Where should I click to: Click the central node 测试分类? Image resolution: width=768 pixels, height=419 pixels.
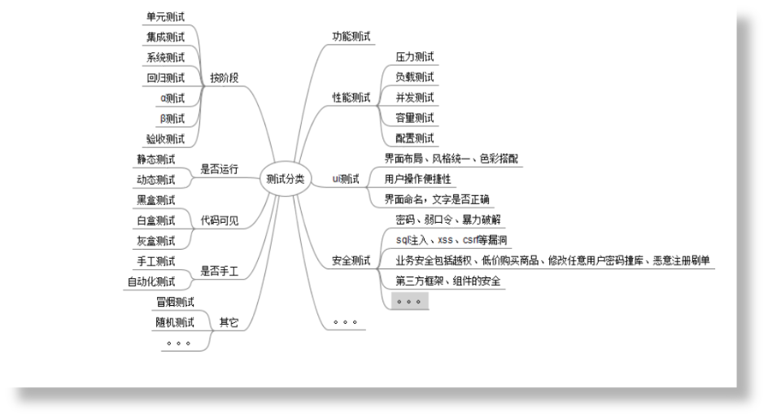(x=286, y=179)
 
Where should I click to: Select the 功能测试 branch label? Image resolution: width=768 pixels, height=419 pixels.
(x=351, y=37)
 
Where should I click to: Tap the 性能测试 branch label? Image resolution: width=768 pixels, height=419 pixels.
(x=351, y=98)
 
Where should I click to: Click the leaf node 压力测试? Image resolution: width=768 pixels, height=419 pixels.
(x=415, y=57)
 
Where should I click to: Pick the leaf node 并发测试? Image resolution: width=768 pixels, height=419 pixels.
(x=415, y=98)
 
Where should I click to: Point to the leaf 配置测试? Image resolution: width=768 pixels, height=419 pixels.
(x=415, y=138)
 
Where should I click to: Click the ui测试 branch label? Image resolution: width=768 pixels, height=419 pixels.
(x=346, y=179)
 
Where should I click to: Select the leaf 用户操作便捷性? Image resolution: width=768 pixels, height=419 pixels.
(x=418, y=179)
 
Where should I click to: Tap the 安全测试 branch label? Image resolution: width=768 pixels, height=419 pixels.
(x=351, y=260)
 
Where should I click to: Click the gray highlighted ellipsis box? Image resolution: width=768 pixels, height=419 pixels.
(x=409, y=301)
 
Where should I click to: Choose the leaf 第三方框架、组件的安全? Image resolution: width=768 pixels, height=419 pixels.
(x=448, y=282)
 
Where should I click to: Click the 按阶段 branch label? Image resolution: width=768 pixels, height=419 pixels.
(x=225, y=77)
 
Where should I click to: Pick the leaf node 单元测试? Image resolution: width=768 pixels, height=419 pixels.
(x=165, y=17)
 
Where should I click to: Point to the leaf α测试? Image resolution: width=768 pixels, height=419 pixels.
(x=172, y=98)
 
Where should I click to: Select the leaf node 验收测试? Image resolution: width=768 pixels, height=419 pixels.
(x=165, y=138)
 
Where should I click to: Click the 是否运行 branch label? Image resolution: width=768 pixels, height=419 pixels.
(x=220, y=169)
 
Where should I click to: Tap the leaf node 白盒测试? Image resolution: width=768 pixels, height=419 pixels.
(x=155, y=220)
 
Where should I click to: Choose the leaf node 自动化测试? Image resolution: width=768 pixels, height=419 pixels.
(x=151, y=282)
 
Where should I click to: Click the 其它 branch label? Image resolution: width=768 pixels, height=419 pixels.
(x=229, y=322)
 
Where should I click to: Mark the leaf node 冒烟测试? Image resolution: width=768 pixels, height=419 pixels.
(x=175, y=302)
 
